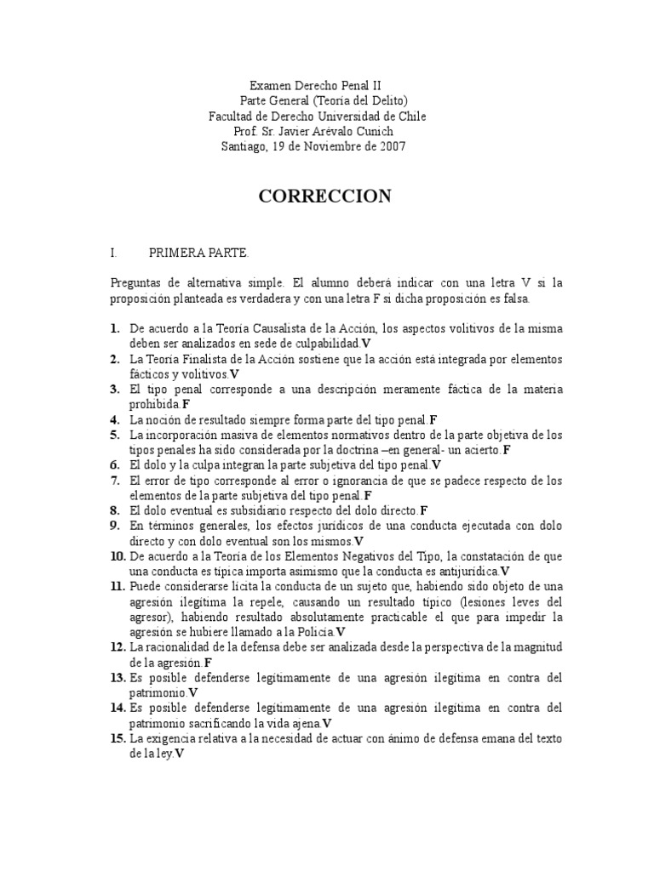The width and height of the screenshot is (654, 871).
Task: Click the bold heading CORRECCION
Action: tap(324, 196)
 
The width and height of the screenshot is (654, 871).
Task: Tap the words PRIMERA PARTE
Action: tap(199, 253)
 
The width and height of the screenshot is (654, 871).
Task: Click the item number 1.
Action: tap(115, 327)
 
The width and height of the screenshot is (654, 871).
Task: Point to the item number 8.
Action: tap(115, 510)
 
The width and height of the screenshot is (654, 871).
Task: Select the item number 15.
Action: tap(118, 738)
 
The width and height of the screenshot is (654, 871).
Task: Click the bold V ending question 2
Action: tap(234, 373)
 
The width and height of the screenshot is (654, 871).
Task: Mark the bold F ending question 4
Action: tap(433, 419)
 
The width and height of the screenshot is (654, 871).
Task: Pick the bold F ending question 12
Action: tap(209, 662)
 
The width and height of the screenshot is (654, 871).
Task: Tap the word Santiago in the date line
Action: tap(245, 146)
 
